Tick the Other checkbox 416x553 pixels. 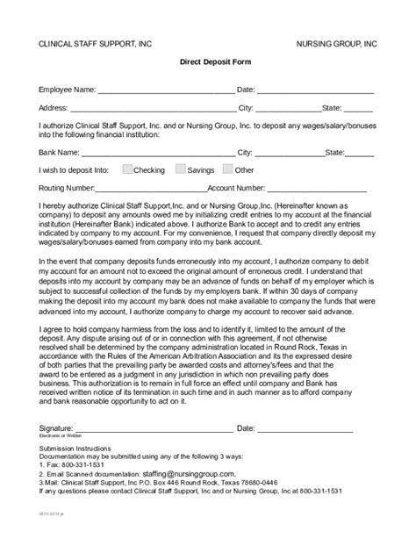227,169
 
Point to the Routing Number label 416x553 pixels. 67,187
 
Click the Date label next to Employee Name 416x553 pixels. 245,90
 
